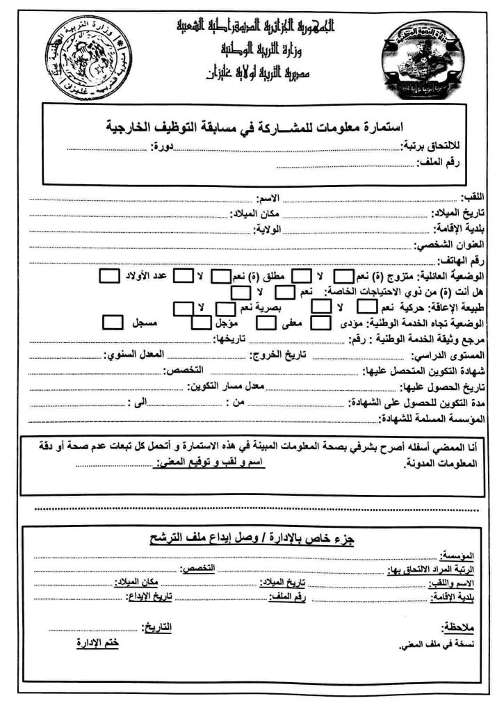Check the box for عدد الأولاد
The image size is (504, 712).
tap(109, 276)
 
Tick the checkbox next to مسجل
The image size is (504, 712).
tap(113, 322)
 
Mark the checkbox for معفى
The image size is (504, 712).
tap(266, 323)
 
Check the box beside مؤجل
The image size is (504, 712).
tap(200, 323)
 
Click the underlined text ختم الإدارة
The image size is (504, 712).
tap(97, 643)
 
